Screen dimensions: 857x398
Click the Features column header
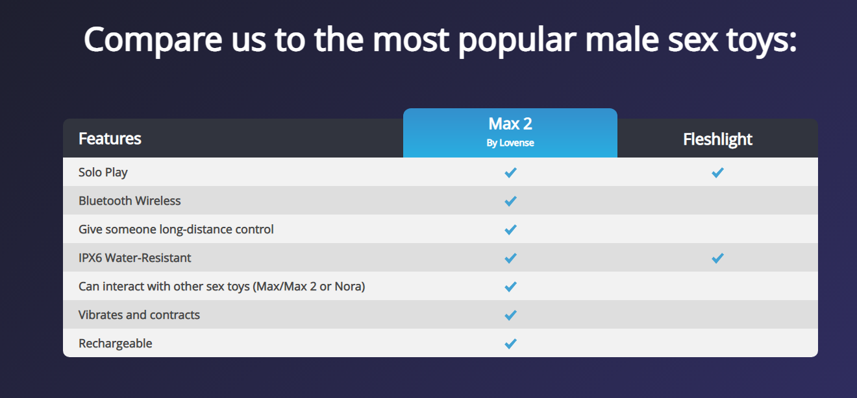point(110,139)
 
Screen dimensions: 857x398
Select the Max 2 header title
point(510,124)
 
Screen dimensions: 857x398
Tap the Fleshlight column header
point(718,139)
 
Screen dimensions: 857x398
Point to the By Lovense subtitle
point(510,143)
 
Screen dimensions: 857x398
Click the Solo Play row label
point(103,172)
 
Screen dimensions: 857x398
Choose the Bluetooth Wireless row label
point(129,201)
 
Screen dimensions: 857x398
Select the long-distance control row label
point(176,229)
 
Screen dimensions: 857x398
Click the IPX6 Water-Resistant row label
point(134,258)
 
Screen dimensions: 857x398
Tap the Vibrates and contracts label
point(139,315)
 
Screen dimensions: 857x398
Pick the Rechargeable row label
point(115,344)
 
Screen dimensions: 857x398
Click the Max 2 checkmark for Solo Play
point(510,172)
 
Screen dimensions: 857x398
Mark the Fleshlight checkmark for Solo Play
point(718,172)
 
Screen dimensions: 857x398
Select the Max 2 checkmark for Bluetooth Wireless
point(510,201)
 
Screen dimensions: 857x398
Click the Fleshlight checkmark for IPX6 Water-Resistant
point(718,258)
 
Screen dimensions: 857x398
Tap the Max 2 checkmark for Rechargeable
point(510,344)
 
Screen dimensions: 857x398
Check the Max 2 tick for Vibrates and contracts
point(510,315)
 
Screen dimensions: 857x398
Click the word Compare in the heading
point(153,40)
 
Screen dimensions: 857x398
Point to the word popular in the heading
point(517,40)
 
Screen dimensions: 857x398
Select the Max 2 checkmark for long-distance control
point(510,229)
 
